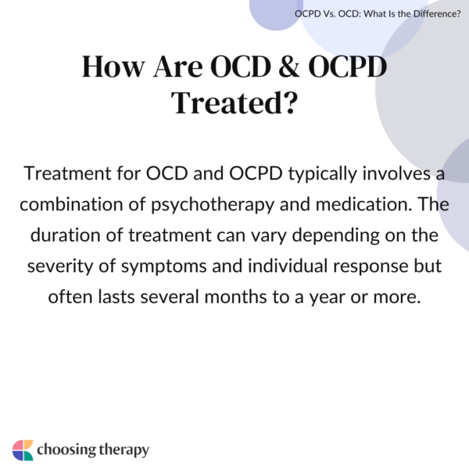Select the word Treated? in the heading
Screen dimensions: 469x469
pos(234,103)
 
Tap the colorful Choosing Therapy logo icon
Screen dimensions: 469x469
pos(23,449)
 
